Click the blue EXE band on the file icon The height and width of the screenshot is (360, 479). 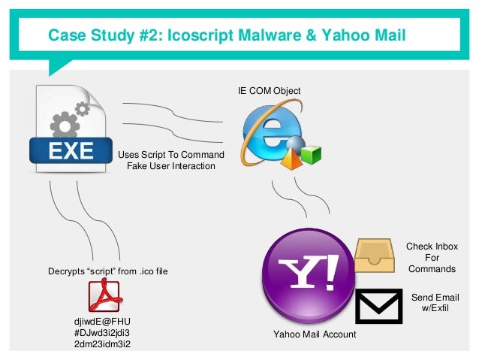68,152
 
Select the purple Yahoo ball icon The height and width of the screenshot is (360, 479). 308,267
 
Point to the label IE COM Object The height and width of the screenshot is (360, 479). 269,91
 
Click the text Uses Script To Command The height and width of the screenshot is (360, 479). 172,155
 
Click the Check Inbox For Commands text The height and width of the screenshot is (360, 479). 432,257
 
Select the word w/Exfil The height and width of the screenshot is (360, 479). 435,309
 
